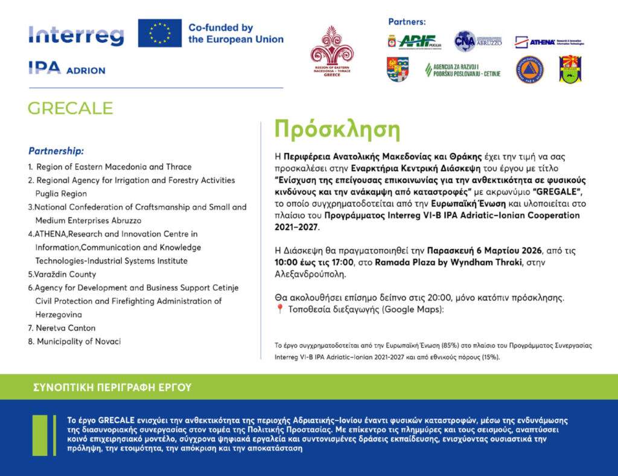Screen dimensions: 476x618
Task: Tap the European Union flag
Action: click(159, 33)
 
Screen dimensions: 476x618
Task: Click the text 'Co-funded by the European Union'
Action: click(235, 33)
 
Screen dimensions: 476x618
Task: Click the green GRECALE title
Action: click(70, 108)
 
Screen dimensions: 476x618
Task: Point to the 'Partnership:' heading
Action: click(56, 150)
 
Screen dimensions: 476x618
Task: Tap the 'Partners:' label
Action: click(406, 22)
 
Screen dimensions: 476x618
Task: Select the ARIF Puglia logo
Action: click(416, 41)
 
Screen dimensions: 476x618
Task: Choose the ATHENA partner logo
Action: click(549, 42)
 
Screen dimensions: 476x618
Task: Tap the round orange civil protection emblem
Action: click(529, 69)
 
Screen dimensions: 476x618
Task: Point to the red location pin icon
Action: click(279, 310)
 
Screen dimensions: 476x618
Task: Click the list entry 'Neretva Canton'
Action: click(62, 328)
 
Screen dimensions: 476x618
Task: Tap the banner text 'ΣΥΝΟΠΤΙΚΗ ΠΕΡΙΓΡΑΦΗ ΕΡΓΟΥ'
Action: click(112, 387)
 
